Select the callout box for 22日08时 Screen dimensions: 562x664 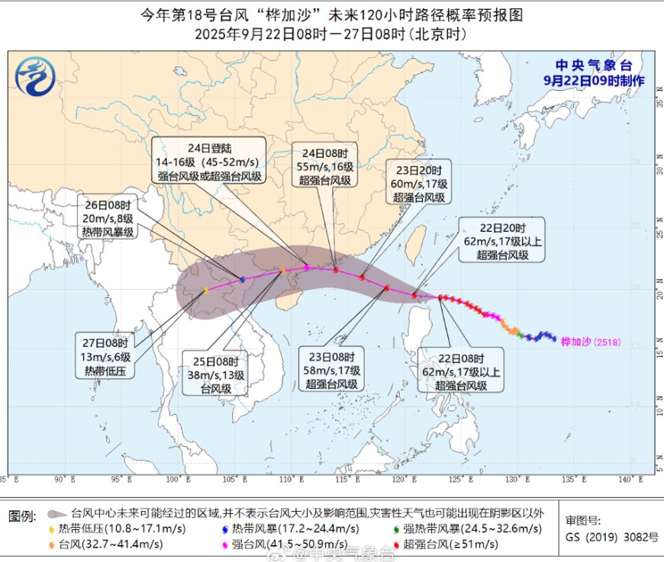click(460, 371)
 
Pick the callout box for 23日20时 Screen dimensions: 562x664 click(419, 181)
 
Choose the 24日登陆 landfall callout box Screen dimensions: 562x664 click(208, 160)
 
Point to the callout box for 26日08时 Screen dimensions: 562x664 click(108, 217)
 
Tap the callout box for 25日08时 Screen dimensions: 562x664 click(215, 373)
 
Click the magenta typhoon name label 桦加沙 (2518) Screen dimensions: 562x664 click(591, 342)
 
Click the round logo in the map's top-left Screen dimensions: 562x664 click(34, 77)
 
